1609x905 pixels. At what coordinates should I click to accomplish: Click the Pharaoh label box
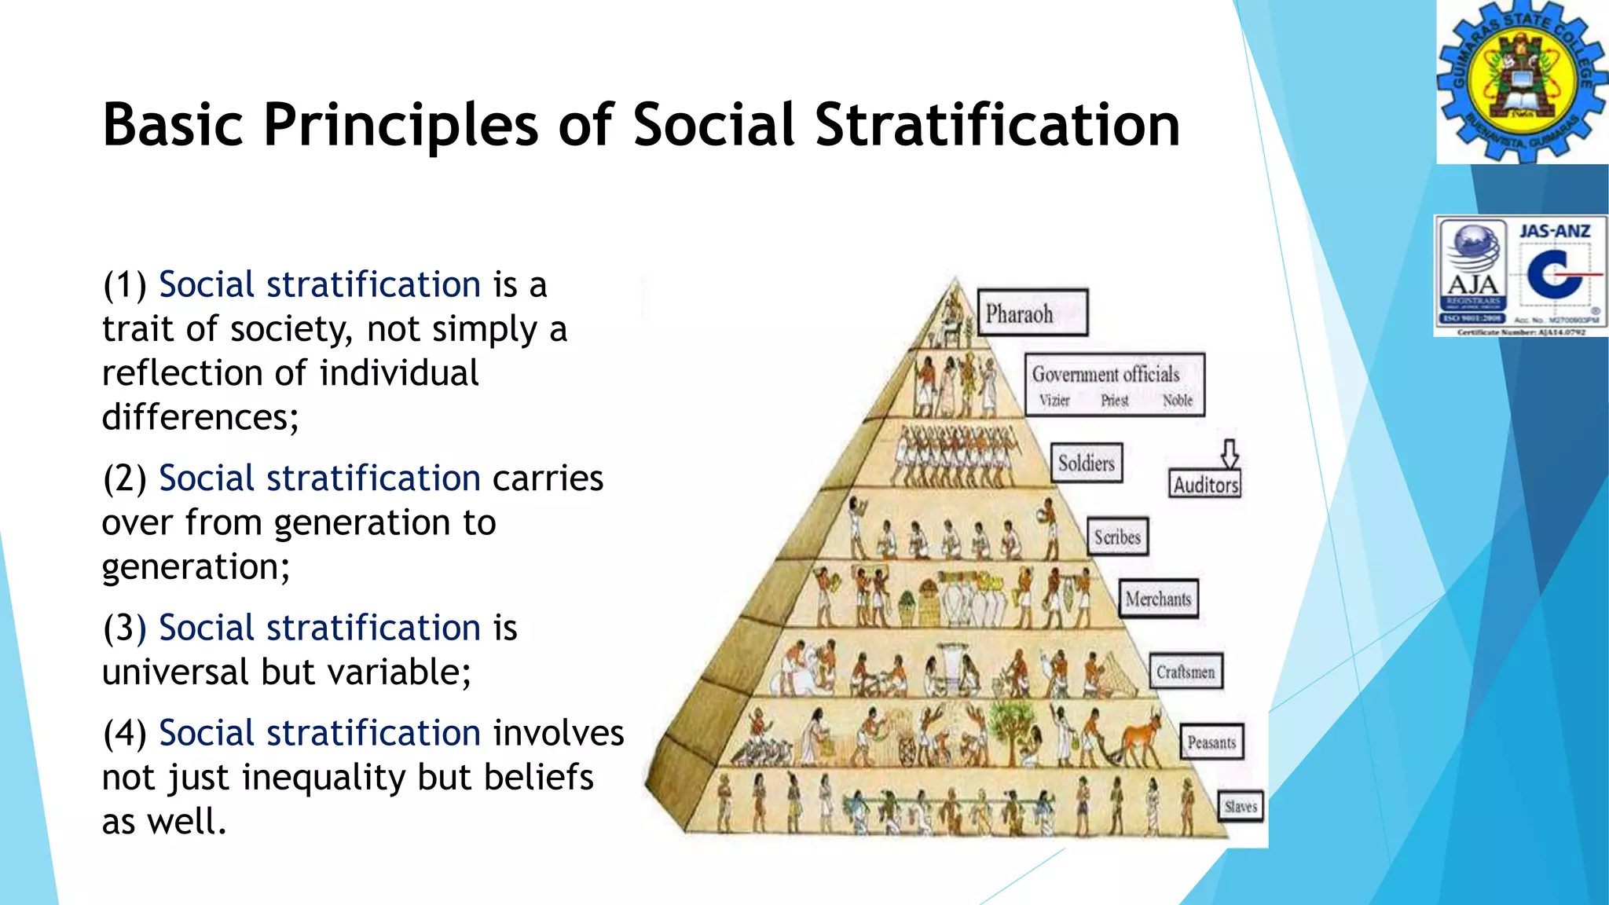click(x=1032, y=313)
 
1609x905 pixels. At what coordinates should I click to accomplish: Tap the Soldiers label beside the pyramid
click(x=1087, y=463)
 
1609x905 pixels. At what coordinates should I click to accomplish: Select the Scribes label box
click(x=1117, y=537)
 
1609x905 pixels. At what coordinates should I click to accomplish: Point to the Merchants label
click(x=1158, y=599)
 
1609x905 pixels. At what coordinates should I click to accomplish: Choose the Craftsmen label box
click(x=1186, y=672)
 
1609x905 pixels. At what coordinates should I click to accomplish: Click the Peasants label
click(x=1211, y=742)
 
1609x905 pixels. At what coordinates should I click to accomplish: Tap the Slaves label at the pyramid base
click(x=1241, y=806)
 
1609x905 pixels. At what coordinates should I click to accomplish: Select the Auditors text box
click(x=1206, y=485)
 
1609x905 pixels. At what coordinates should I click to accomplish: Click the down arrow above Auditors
click(x=1230, y=453)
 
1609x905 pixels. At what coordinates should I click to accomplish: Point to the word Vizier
click(x=1054, y=401)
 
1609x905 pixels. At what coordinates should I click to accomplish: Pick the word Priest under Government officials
click(x=1114, y=401)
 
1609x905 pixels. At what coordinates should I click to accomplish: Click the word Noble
click(x=1177, y=401)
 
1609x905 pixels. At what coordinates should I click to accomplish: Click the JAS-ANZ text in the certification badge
click(x=1554, y=231)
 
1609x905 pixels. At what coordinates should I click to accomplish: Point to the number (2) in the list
click(x=125, y=478)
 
